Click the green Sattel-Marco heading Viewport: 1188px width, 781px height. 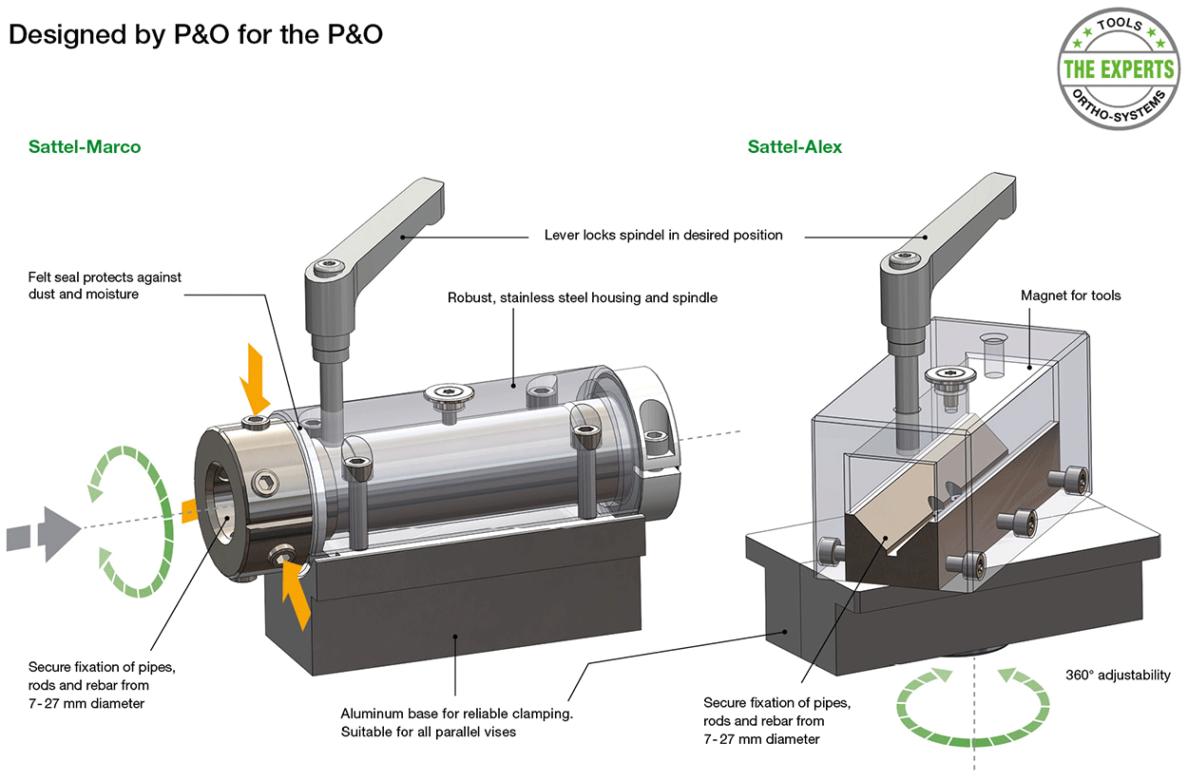tap(85, 147)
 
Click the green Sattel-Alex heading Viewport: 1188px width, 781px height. tap(795, 147)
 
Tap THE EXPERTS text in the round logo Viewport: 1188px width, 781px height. tap(1119, 69)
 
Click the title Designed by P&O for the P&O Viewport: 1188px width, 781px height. tap(196, 35)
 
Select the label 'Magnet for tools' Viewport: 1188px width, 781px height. tap(1070, 295)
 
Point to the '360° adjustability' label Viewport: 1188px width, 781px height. tap(1118, 675)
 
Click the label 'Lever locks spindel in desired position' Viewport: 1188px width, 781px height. tap(663, 235)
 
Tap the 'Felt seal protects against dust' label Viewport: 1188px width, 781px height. tap(105, 285)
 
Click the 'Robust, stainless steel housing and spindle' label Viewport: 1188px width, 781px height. tap(583, 297)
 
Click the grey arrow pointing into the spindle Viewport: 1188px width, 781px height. tap(44, 534)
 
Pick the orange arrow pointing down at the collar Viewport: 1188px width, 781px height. tap(254, 379)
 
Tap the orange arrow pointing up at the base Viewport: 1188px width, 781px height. tap(296, 595)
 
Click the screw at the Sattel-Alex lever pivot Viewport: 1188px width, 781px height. tap(903, 258)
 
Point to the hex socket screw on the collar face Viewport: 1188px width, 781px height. tap(265, 483)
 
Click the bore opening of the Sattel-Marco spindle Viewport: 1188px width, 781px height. tap(221, 503)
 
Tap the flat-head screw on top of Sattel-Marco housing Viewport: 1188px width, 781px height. tap(449, 395)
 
